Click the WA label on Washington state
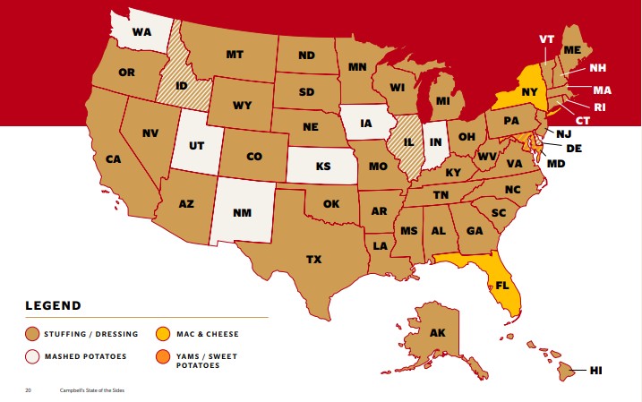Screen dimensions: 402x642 click(x=141, y=32)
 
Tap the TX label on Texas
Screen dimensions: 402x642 click(x=313, y=260)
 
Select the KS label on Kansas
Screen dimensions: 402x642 click(x=322, y=167)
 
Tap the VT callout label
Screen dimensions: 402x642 click(x=547, y=39)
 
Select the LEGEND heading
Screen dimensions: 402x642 click(x=53, y=305)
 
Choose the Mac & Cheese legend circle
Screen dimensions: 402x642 click(x=163, y=334)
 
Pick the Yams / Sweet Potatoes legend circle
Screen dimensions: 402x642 click(x=163, y=356)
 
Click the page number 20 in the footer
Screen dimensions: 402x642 click(x=28, y=391)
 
